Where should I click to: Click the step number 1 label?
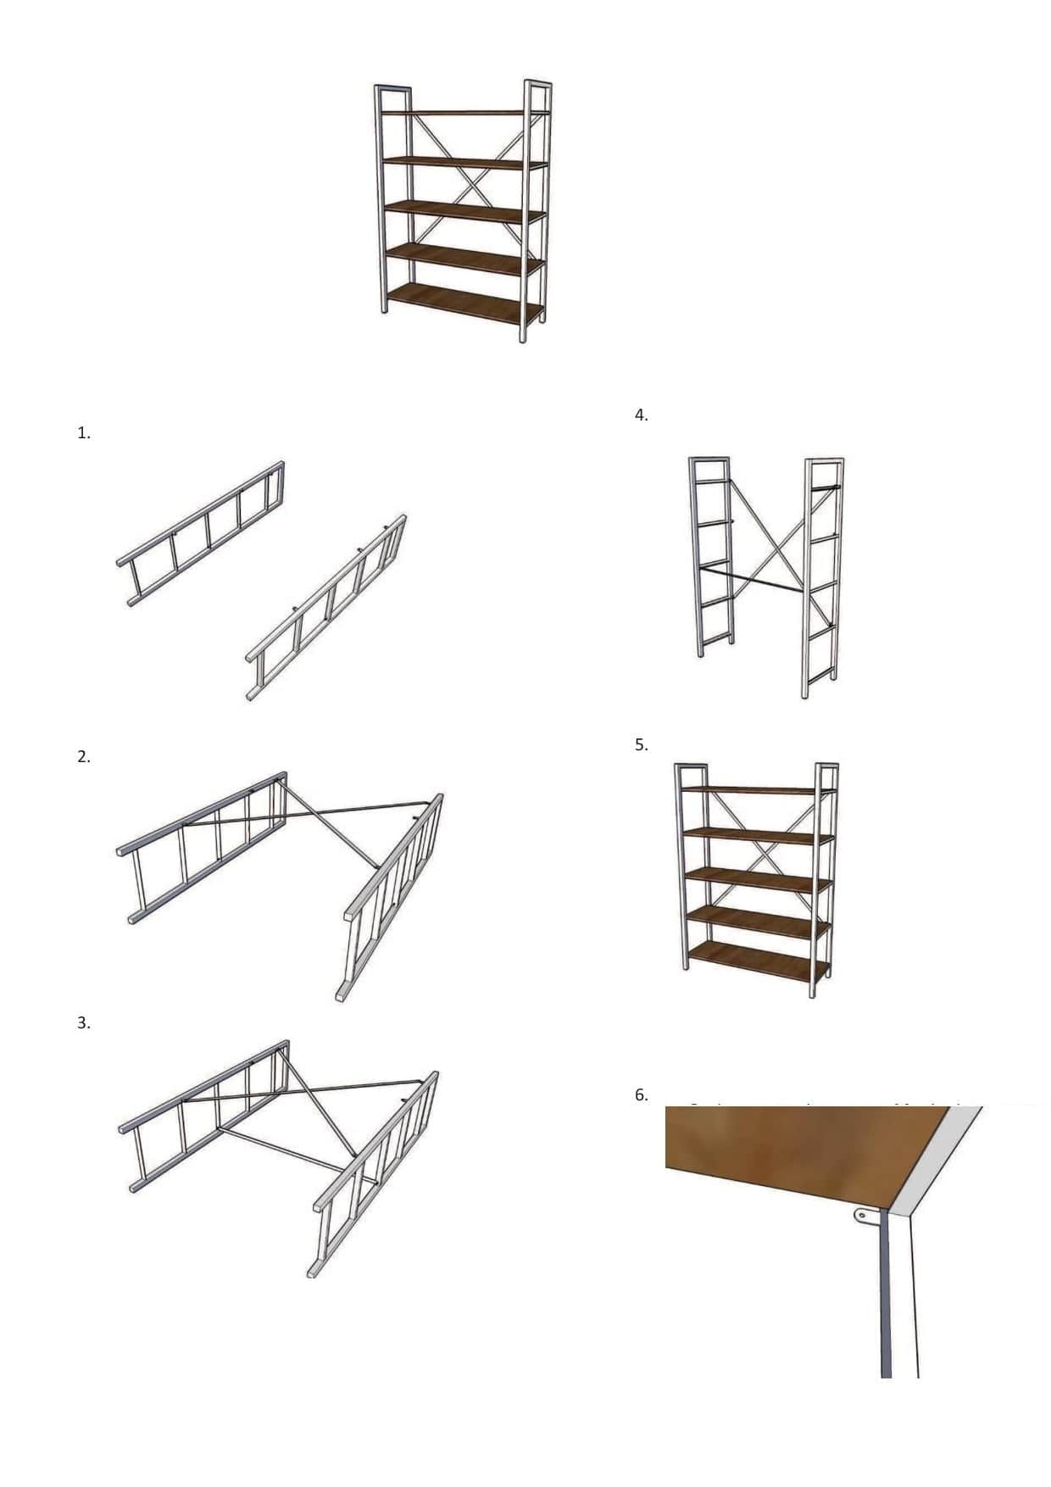[x=83, y=433]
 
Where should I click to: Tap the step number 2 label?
[x=83, y=757]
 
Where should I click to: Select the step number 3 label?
[x=83, y=1023]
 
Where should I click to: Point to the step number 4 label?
[x=641, y=415]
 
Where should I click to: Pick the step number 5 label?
[x=641, y=745]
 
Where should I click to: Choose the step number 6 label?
[x=641, y=1095]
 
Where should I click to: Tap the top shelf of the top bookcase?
[x=464, y=112]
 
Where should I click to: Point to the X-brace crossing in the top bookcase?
[x=472, y=181]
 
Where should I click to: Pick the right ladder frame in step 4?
[x=821, y=576]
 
